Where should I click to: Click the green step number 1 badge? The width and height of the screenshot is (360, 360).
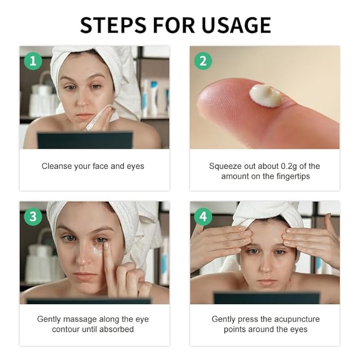[x=33, y=60]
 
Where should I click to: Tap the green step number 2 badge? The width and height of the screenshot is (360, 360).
[x=203, y=60]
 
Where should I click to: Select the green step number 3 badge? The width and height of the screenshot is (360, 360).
[x=33, y=216]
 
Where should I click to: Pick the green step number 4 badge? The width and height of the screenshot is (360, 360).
[x=203, y=216]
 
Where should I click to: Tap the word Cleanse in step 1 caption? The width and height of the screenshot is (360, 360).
[x=58, y=166]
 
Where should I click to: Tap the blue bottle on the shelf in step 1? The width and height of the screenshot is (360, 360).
[x=153, y=98]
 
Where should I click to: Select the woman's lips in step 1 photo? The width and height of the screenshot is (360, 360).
[x=84, y=116]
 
